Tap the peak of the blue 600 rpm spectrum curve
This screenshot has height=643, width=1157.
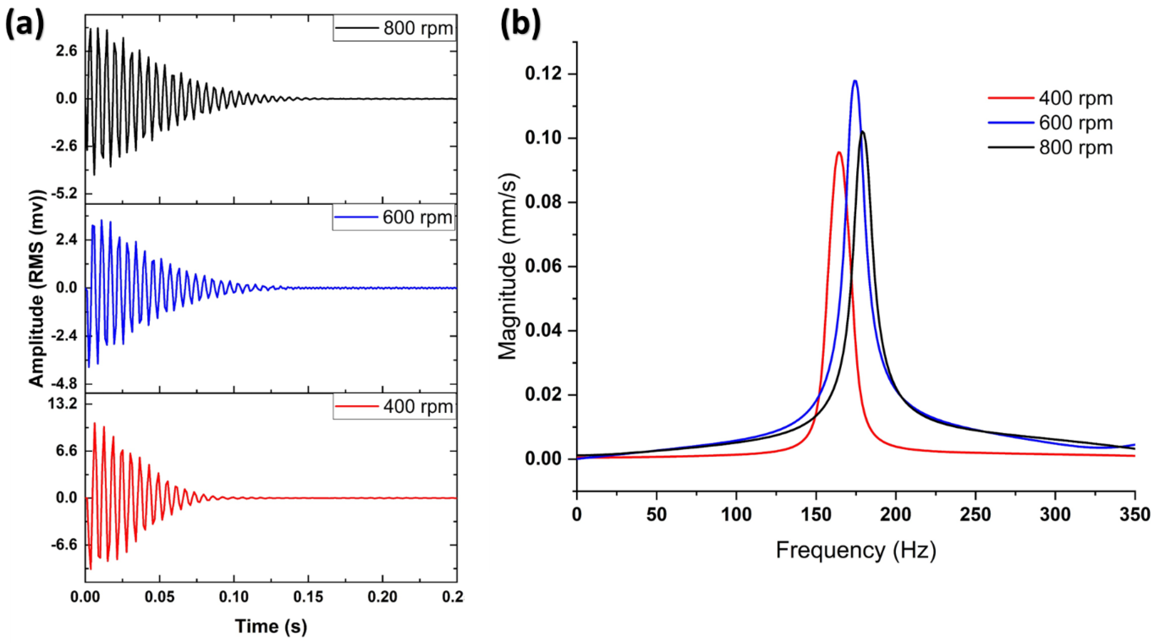(x=855, y=81)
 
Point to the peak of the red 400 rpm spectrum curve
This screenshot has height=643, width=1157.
(x=838, y=152)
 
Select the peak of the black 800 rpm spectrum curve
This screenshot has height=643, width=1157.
(x=862, y=132)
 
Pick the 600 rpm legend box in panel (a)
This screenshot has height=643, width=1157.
(x=394, y=218)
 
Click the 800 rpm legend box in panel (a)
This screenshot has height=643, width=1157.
(x=394, y=28)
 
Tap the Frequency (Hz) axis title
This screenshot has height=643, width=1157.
(x=856, y=550)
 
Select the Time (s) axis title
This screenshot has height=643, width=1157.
(x=271, y=626)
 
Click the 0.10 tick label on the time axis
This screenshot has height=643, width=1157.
(x=234, y=597)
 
